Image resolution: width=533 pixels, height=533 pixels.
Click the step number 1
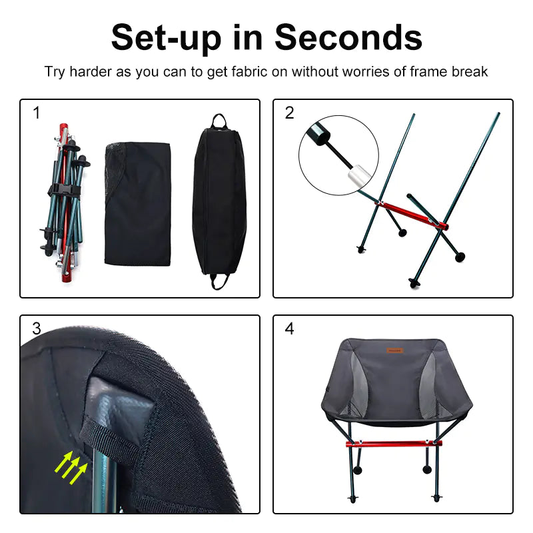click(x=37, y=113)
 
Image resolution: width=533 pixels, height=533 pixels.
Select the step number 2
click(x=289, y=113)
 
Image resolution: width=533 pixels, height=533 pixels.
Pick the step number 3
click(x=37, y=328)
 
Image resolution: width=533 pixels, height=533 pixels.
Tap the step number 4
click(x=289, y=328)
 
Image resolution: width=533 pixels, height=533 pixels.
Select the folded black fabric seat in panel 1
click(x=138, y=203)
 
